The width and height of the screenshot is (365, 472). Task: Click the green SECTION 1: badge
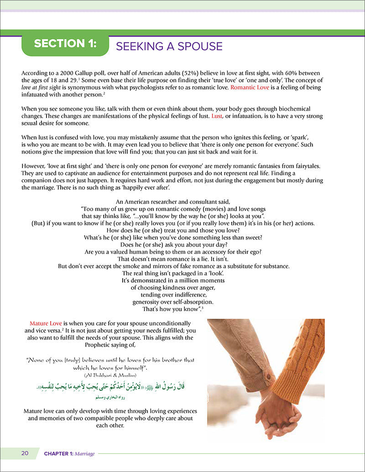tap(65, 44)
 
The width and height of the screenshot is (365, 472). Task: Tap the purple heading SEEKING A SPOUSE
tap(169, 46)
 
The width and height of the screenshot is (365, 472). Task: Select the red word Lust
tap(217, 117)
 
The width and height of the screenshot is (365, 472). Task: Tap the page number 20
tap(25, 453)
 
